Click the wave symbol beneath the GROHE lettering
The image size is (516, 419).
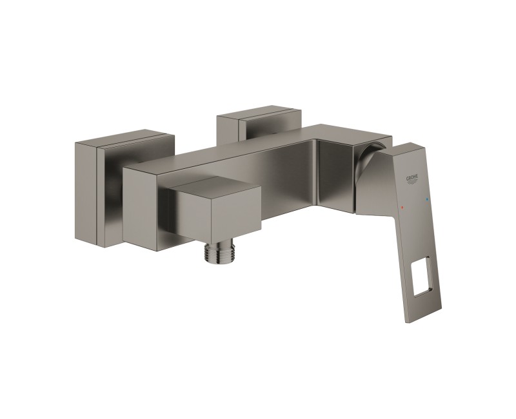coord(413,182)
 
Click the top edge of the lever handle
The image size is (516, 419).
coord(419,147)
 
